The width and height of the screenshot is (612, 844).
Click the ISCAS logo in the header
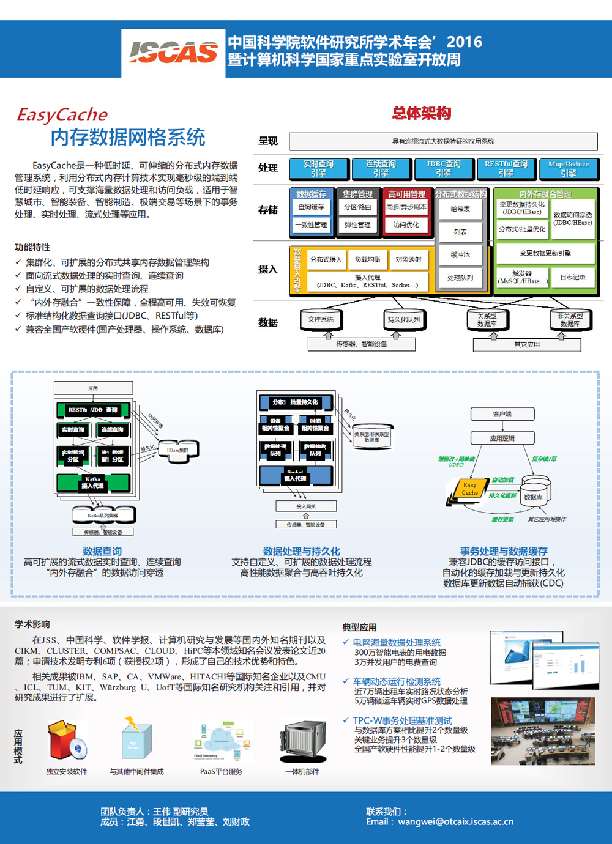173,53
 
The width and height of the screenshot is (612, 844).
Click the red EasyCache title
62,115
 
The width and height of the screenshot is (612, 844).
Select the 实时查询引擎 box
318,168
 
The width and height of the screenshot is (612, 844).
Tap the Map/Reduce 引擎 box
568,168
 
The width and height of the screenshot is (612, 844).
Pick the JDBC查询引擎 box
443,168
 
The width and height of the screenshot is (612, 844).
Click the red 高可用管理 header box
406,194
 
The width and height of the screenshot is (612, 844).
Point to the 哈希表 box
460,209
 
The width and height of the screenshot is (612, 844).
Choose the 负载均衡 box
368,259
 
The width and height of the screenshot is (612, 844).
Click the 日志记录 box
573,277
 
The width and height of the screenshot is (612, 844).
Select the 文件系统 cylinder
321,319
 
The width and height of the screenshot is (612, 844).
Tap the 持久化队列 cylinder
404,319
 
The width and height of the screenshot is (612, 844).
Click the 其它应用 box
526,345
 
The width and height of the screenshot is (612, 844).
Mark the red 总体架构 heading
422,113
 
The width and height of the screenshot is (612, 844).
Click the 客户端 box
502,414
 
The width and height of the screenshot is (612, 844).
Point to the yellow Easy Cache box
469,489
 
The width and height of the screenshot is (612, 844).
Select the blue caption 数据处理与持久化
301,551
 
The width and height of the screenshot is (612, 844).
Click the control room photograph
543,731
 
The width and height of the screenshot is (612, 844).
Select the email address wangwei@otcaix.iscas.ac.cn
455,822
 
